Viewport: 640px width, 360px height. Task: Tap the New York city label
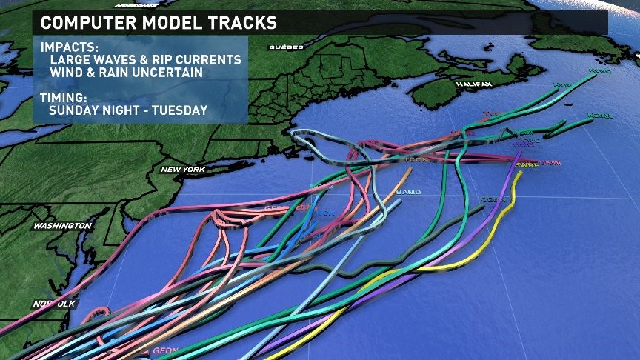point(182,170)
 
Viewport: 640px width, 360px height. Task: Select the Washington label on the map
point(62,225)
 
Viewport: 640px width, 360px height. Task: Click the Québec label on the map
point(287,47)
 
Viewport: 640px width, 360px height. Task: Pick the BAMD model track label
point(409,193)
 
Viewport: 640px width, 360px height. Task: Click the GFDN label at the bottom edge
point(167,350)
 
